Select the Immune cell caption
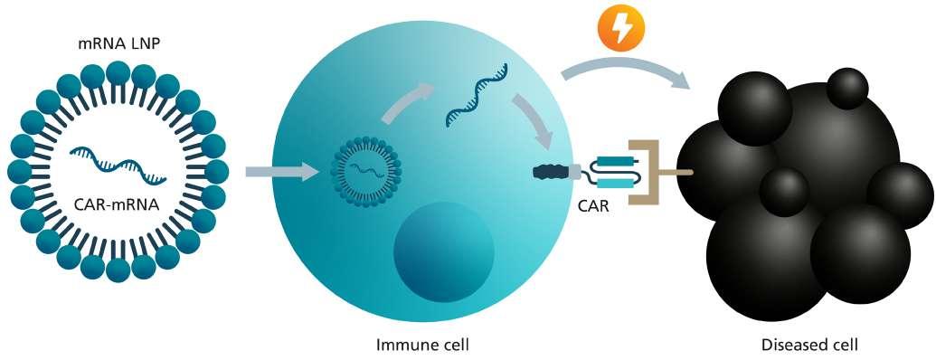point(422,345)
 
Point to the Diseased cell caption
point(809,345)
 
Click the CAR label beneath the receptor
point(592,208)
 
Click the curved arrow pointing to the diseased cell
point(627,62)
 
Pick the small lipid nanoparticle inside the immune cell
point(366,172)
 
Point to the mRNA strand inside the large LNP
point(118,163)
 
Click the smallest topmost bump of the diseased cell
point(847,89)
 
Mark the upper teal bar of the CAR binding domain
point(614,160)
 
